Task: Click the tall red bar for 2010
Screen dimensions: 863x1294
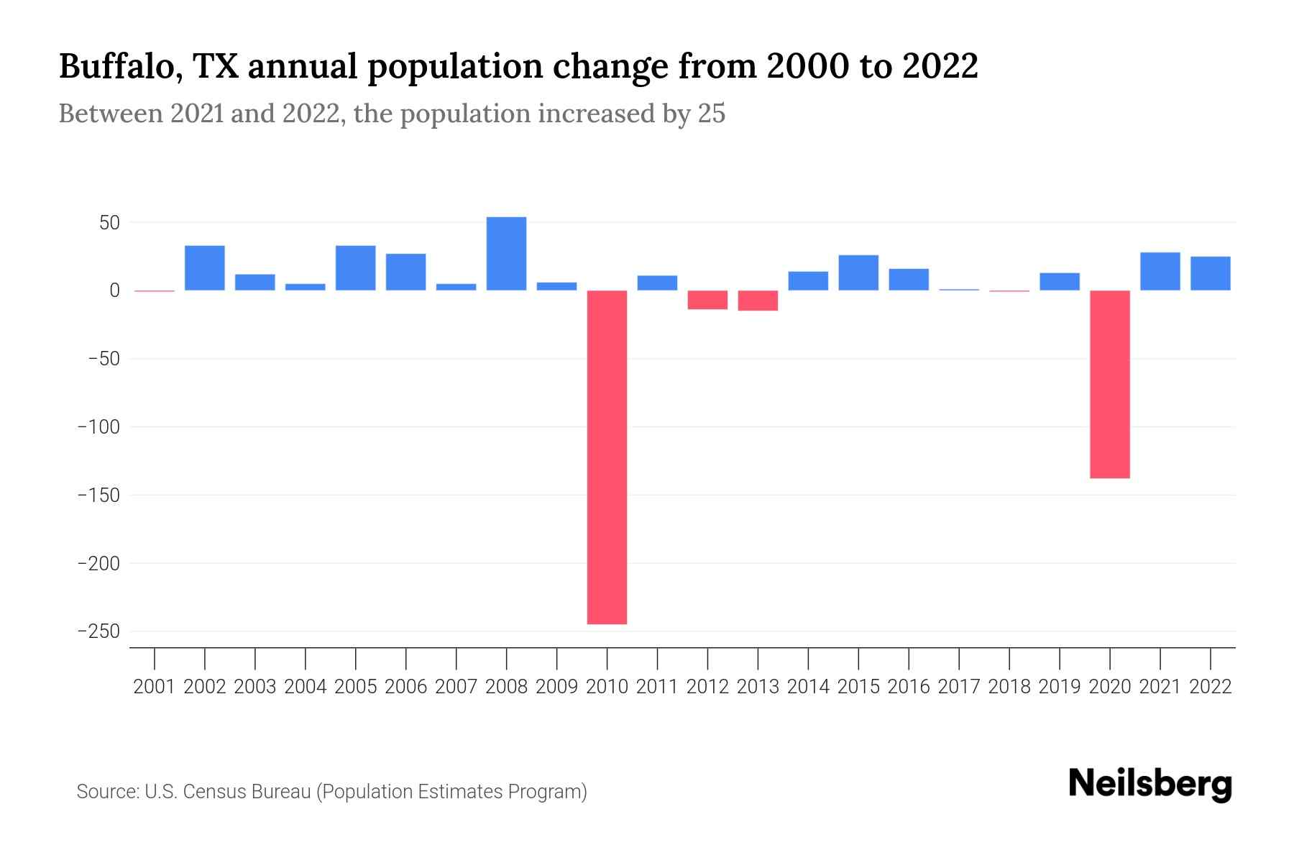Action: click(x=607, y=457)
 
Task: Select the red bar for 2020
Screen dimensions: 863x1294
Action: click(x=1110, y=384)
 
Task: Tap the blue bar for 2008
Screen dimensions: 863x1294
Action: click(x=506, y=254)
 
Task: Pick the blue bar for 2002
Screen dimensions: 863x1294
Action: click(x=205, y=268)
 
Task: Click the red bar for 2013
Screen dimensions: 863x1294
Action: click(x=758, y=301)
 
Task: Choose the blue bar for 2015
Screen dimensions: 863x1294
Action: click(x=858, y=273)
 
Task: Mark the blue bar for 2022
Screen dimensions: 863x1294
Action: click(x=1210, y=273)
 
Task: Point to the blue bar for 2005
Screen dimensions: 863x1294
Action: click(x=356, y=268)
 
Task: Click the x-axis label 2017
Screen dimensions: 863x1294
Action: click(x=959, y=687)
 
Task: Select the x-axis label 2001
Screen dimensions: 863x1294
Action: click(x=155, y=687)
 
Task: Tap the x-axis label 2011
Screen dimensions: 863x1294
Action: click(x=657, y=687)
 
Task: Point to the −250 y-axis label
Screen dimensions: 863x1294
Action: click(x=98, y=631)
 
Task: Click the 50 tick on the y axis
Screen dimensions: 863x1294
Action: click(x=109, y=223)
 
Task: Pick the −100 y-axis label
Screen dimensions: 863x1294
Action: click(x=98, y=427)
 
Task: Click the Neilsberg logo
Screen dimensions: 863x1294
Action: click(x=1150, y=784)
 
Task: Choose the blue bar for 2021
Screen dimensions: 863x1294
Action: click(x=1160, y=271)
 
